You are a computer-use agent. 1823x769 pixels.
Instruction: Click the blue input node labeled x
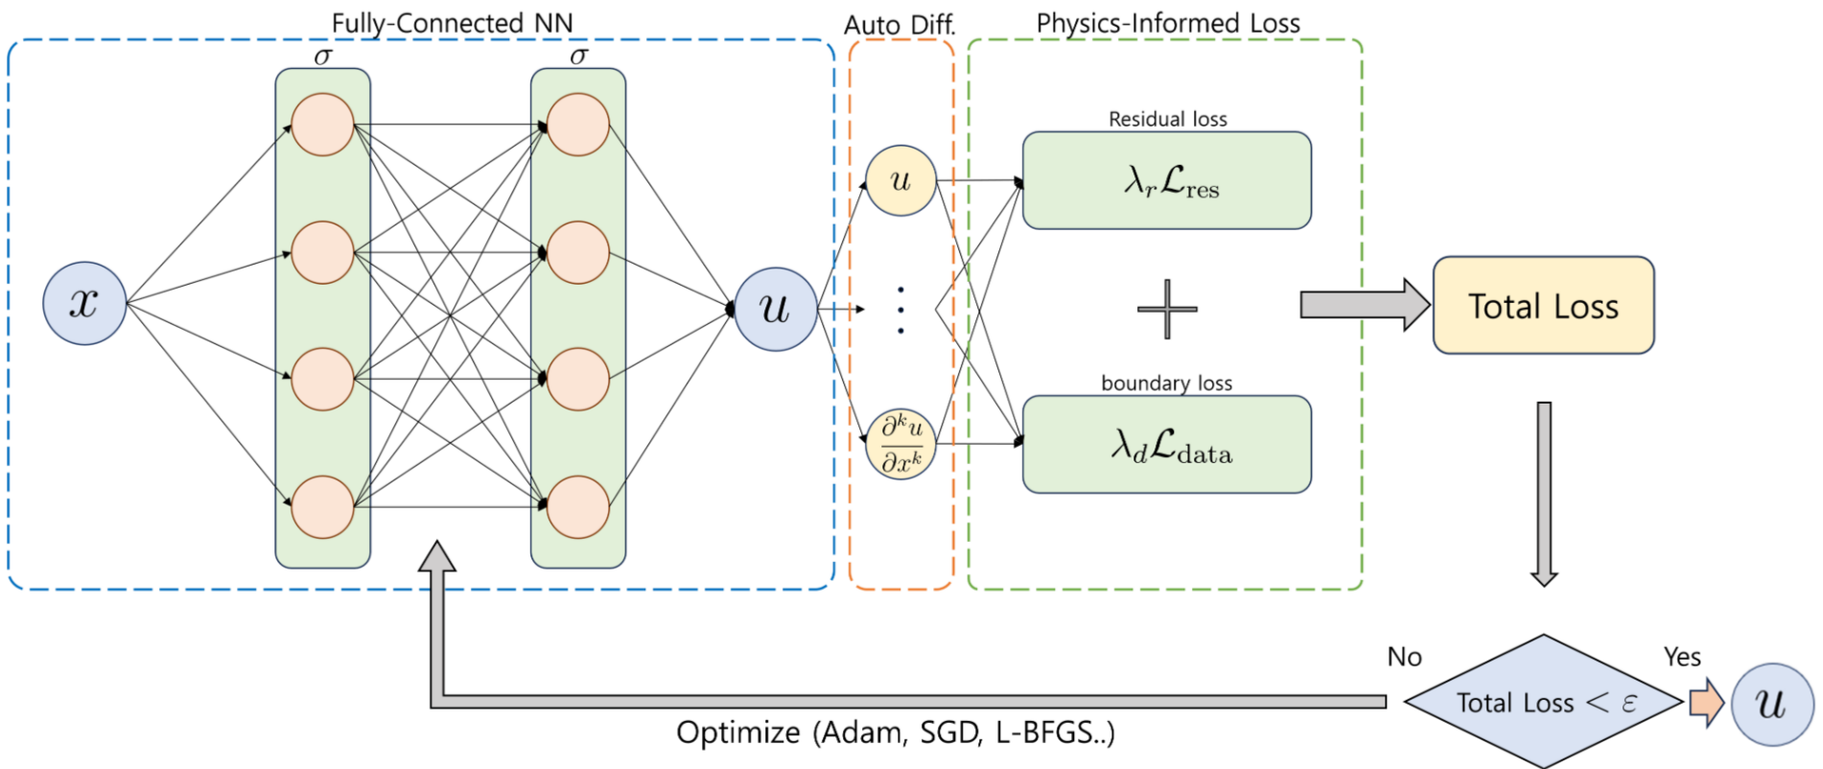click(x=84, y=303)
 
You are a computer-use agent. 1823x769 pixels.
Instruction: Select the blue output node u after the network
click(x=775, y=309)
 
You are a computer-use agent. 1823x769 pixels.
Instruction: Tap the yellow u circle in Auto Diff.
click(x=900, y=180)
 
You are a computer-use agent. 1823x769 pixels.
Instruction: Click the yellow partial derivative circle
click(x=900, y=444)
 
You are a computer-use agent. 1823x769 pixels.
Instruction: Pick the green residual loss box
click(x=1166, y=180)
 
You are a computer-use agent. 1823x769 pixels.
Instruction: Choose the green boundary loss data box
click(x=1166, y=445)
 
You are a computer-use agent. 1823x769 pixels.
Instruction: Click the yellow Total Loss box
click(x=1543, y=305)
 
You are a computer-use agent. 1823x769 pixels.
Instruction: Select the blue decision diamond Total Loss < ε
click(x=1543, y=702)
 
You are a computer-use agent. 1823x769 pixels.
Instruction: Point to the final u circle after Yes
click(x=1772, y=704)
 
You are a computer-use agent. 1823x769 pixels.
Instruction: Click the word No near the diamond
click(x=1404, y=657)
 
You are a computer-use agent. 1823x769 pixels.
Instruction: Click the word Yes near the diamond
click(x=1682, y=657)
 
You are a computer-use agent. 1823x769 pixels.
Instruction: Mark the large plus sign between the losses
click(x=1166, y=309)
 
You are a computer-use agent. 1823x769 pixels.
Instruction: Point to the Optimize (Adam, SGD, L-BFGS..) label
click(x=895, y=733)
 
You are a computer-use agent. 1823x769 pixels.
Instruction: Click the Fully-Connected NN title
click(x=452, y=23)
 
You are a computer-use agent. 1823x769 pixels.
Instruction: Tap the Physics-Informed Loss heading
click(x=1168, y=23)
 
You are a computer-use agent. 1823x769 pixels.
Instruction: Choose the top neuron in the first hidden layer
click(x=322, y=125)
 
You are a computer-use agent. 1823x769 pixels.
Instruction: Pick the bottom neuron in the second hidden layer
click(x=578, y=506)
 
